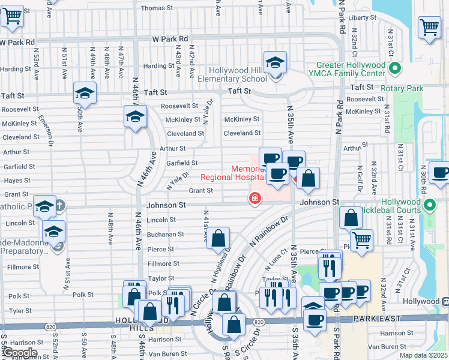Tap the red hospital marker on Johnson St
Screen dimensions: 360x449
click(255, 198)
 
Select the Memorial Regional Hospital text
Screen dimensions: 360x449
click(233, 173)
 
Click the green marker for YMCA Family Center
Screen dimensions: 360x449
click(394, 69)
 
